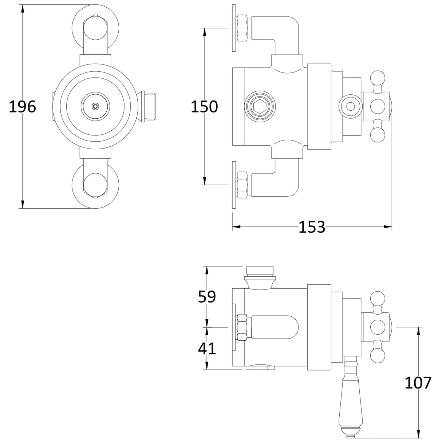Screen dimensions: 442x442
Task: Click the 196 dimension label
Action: [x=22, y=107]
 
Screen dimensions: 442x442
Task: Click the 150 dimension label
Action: [x=204, y=107]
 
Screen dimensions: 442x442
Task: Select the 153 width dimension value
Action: [x=312, y=227]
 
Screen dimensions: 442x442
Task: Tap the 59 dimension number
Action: [x=207, y=297]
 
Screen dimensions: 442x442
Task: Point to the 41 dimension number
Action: [x=207, y=348]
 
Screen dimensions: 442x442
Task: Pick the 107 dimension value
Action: [x=418, y=383]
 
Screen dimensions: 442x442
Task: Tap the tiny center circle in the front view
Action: [x=95, y=106]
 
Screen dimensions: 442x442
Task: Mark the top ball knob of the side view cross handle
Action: [x=377, y=78]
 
